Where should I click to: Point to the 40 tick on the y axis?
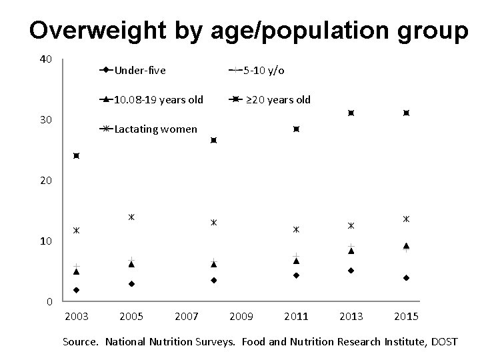(x=45, y=59)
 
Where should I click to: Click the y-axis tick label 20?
(x=45, y=181)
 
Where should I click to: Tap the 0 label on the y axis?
(x=49, y=302)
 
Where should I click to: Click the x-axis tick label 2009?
(x=241, y=315)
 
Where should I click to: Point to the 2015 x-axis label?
(x=405, y=315)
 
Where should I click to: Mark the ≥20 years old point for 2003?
(x=77, y=156)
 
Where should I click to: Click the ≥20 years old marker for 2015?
(x=406, y=113)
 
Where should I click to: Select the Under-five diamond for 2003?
(x=77, y=290)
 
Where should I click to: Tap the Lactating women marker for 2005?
(x=131, y=217)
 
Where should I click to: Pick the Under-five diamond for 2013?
(x=351, y=271)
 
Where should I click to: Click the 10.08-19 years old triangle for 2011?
(x=296, y=261)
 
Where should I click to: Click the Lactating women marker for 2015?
(x=406, y=219)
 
